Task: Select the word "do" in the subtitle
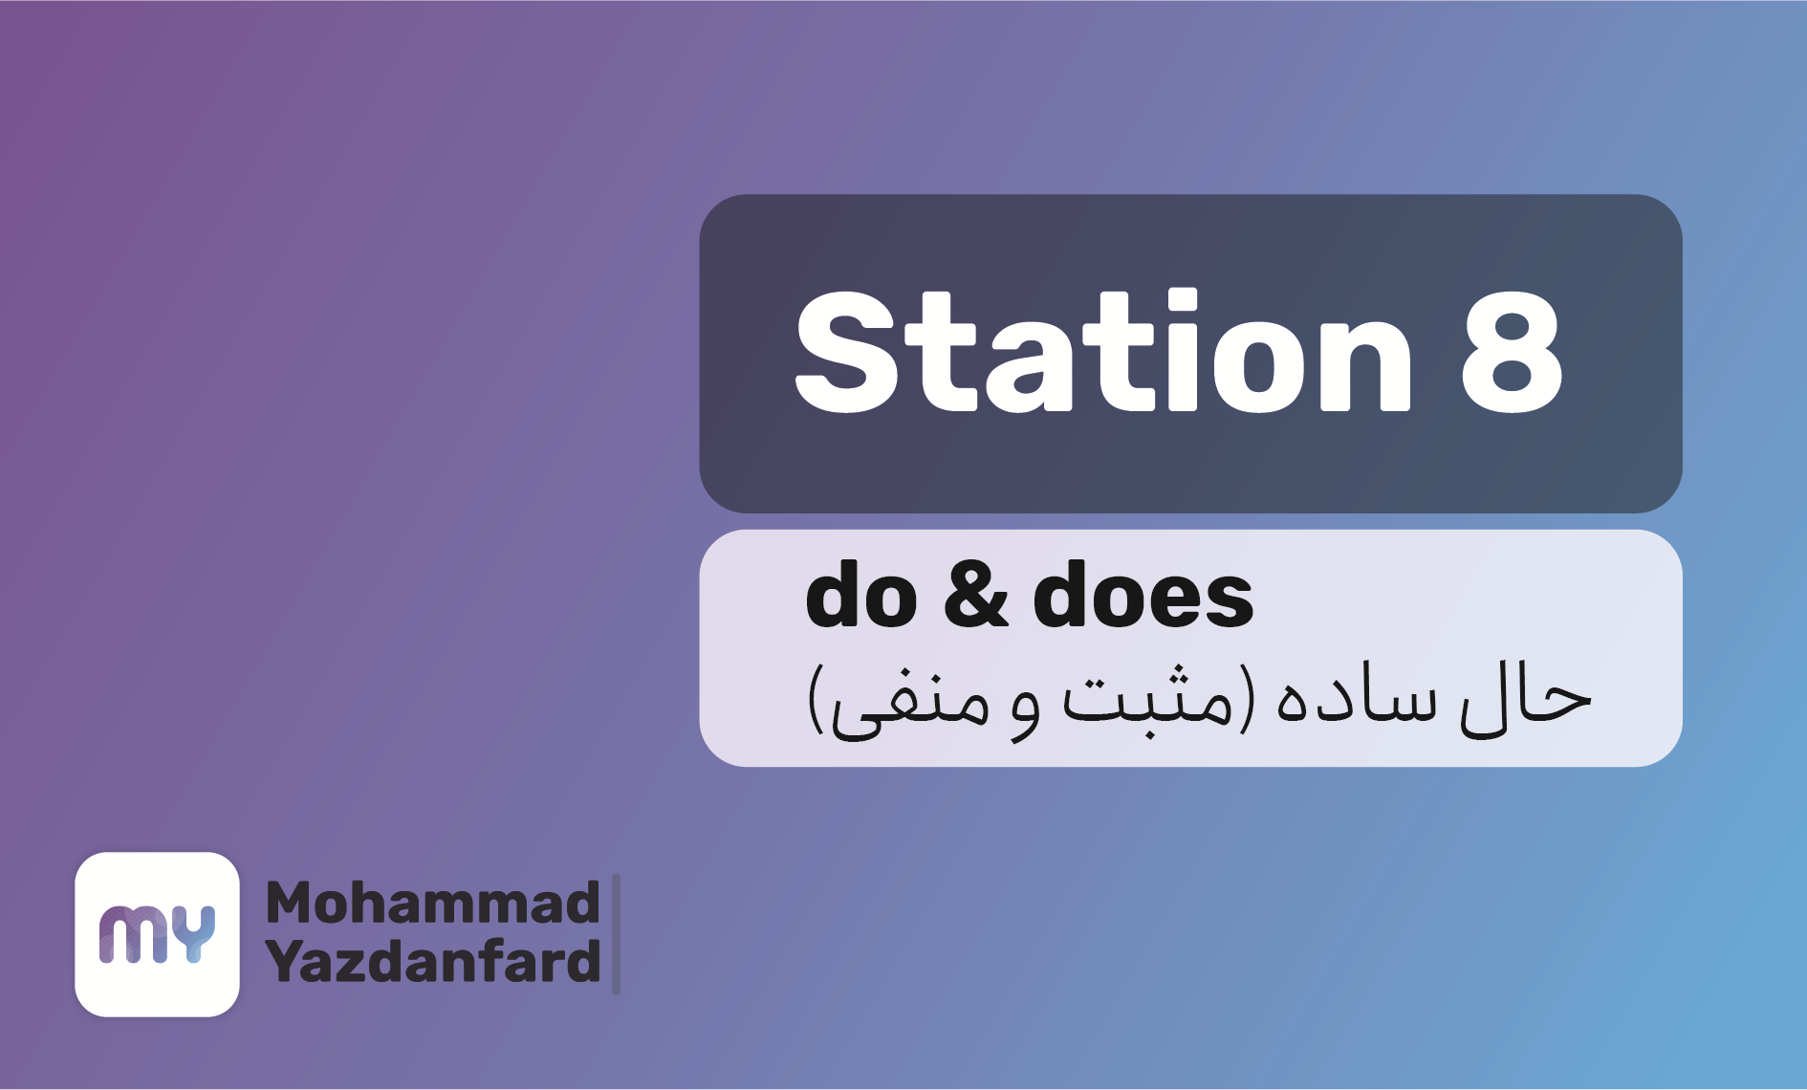point(861,595)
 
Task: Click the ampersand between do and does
point(975,595)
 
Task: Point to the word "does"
point(1143,595)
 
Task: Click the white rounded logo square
point(157,934)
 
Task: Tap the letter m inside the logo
point(134,934)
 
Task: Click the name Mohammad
point(432,903)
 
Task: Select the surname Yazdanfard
point(432,961)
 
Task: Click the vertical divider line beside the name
point(616,934)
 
